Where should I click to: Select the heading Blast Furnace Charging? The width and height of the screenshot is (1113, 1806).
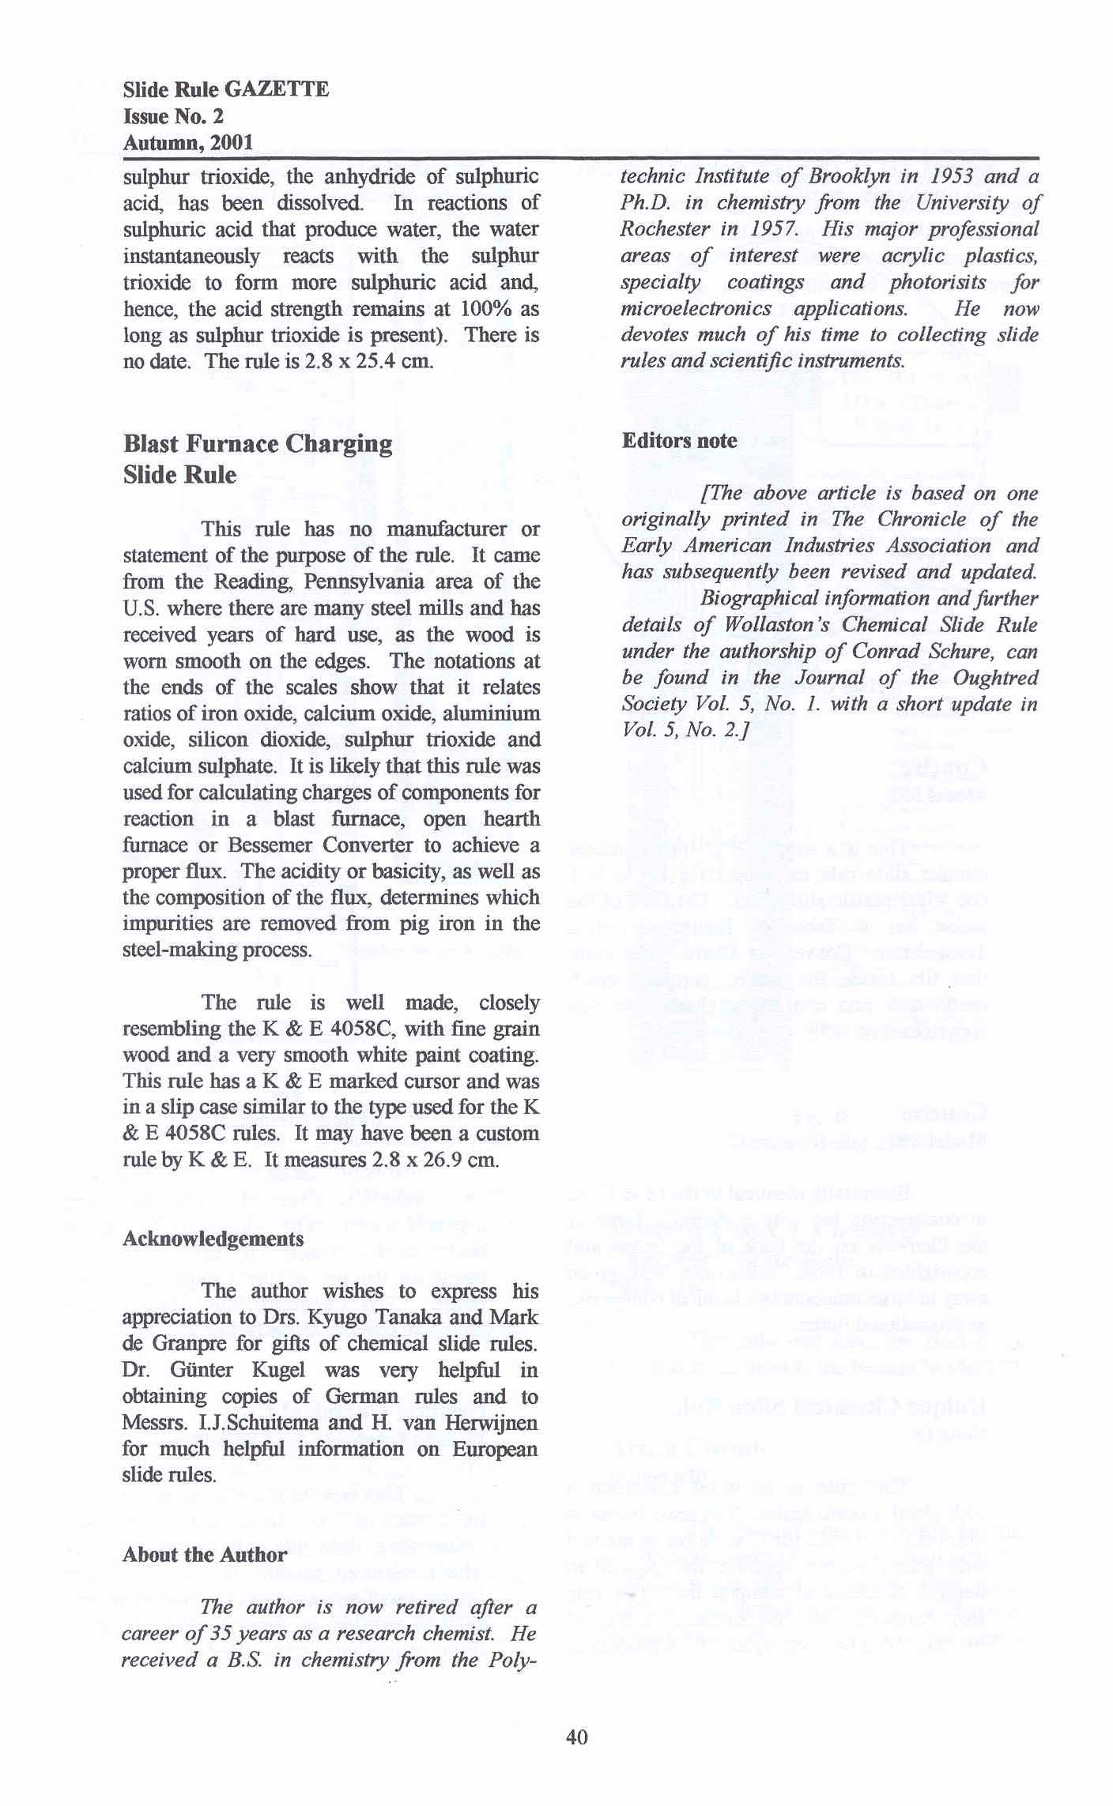pyautogui.click(x=258, y=444)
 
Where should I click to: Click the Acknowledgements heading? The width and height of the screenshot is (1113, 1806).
pyautogui.click(x=213, y=1239)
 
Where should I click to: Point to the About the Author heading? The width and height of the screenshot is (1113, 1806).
pyautogui.click(x=205, y=1555)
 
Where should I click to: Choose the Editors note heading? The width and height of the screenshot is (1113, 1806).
pyautogui.click(x=679, y=441)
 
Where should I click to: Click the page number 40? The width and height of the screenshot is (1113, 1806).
pyautogui.click(x=577, y=1736)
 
